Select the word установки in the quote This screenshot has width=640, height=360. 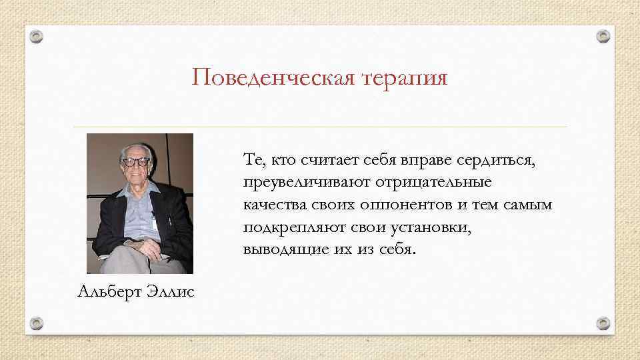pos(433,227)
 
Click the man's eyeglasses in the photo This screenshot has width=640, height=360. pos(136,161)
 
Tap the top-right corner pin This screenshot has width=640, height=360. pos(603,35)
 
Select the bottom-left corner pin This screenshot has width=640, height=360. pos(37,323)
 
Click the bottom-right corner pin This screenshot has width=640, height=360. pos(603,323)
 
